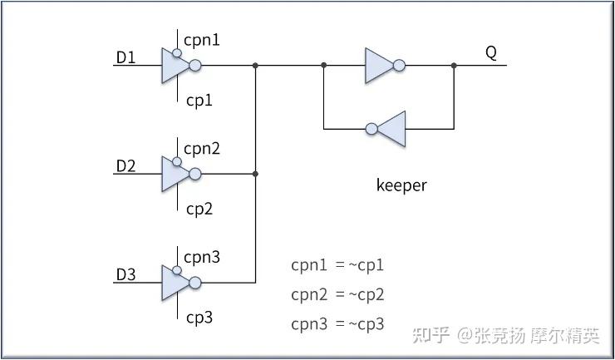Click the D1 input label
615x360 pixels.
(125, 57)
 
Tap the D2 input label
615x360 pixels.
(125, 166)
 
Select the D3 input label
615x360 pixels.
(125, 275)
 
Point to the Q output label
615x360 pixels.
(491, 53)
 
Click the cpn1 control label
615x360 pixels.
(202, 40)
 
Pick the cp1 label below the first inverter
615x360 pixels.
(199, 101)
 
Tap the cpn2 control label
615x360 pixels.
(202, 149)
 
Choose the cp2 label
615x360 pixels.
(199, 210)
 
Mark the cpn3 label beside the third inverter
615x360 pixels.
(202, 258)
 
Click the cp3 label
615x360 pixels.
(199, 318)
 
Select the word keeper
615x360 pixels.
(401, 185)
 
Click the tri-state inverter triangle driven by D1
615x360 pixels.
(174, 66)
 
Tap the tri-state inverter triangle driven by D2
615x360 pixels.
(174, 174)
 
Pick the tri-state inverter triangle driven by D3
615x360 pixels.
(174, 283)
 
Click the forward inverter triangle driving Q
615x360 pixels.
(377, 66)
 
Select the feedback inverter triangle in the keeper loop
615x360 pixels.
(393, 129)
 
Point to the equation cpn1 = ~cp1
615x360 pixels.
(337, 265)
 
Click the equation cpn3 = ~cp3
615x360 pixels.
(337, 324)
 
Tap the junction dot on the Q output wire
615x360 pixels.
(454, 65)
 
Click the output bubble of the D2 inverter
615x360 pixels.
(195, 174)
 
